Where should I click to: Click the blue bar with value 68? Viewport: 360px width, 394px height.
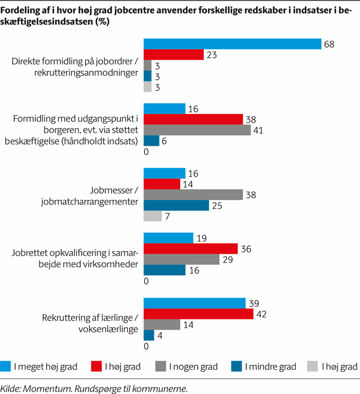point(232,44)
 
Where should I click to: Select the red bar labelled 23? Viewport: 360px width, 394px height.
point(174,55)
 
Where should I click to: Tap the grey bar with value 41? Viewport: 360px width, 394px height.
point(197,130)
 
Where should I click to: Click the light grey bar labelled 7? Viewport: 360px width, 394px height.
point(153,217)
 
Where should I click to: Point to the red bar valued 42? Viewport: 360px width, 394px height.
point(199,314)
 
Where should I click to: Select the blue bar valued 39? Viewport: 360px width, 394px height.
point(195,303)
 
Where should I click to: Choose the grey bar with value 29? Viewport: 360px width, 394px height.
point(181,259)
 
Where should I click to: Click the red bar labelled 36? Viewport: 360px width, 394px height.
point(190,249)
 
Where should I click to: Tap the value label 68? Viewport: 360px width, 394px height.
point(328,44)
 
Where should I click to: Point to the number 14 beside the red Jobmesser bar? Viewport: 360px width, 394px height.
point(188,184)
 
